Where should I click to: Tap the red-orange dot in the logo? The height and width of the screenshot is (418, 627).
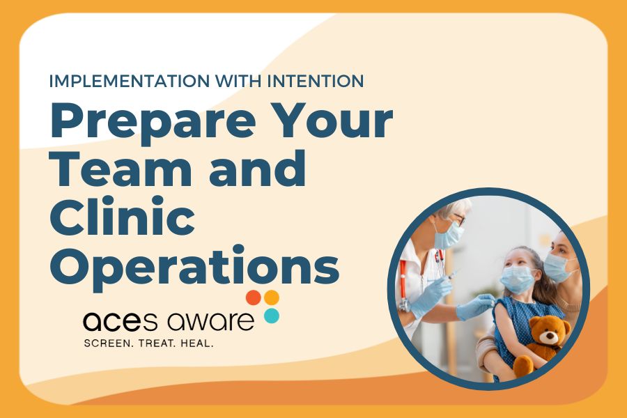coord(254,297)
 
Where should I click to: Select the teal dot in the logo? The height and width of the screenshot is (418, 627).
coord(272,316)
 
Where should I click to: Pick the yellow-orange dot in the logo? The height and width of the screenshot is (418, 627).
coord(272,297)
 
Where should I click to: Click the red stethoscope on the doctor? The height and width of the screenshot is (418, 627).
coord(404,279)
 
